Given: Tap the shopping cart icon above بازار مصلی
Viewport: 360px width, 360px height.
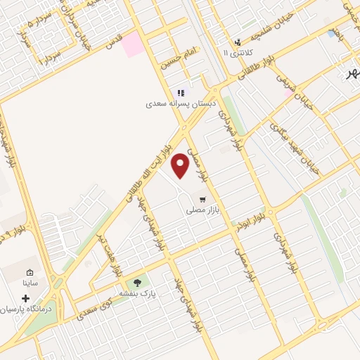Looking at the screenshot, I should pyautogui.click(x=203, y=199).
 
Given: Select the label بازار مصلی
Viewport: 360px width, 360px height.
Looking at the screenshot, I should pyautogui.click(x=203, y=210).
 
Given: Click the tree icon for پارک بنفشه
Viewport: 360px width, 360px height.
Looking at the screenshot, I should pyautogui.click(x=137, y=283).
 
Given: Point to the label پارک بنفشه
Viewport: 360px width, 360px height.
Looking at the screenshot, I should pyautogui.click(x=136, y=292).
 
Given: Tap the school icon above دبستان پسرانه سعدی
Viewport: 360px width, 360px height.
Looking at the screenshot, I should pyautogui.click(x=181, y=92).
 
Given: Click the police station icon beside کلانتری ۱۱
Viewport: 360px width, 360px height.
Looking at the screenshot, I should pyautogui.click(x=238, y=42).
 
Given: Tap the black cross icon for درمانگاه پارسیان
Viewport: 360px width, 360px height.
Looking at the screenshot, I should pyautogui.click(x=26, y=298).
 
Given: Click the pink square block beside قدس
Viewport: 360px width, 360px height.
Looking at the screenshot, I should pyautogui.click(x=131, y=44).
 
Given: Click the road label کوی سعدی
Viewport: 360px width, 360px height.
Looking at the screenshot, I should pyautogui.click(x=97, y=304).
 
